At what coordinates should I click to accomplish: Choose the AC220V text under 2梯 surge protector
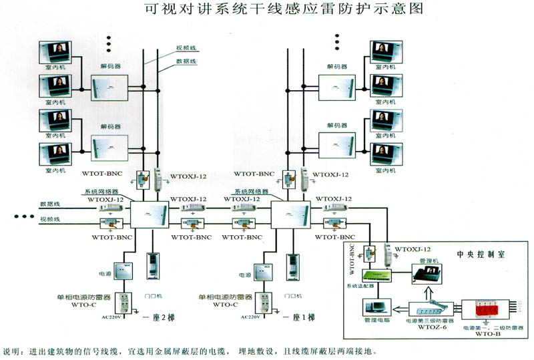tap(111, 317)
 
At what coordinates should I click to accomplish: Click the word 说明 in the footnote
tap(13, 351)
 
